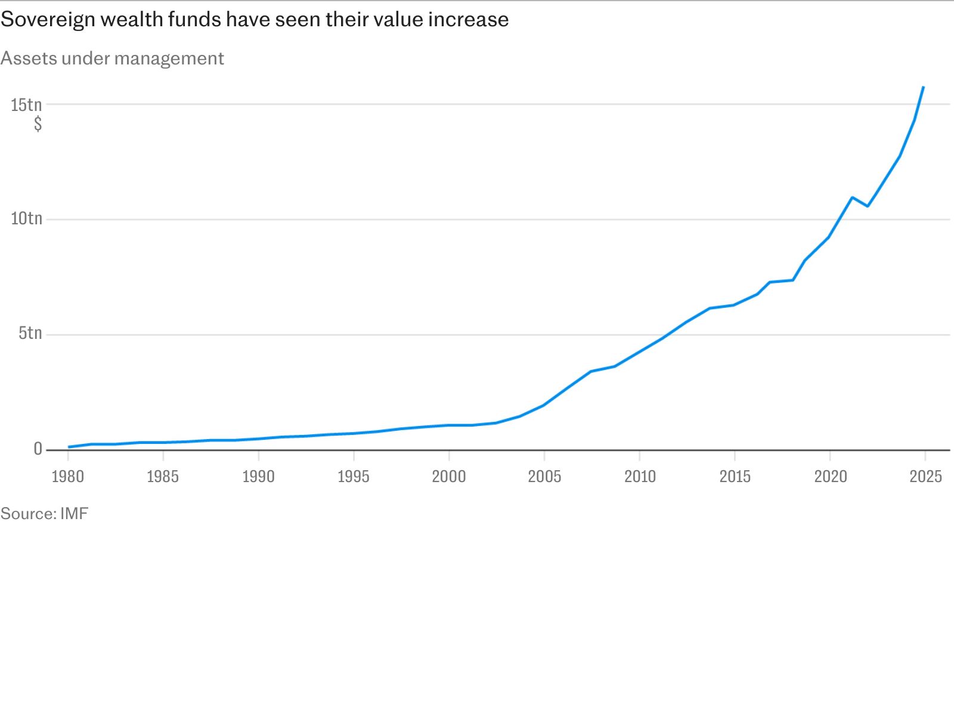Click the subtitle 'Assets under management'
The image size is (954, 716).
pos(112,58)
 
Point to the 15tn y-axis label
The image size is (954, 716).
pos(26,105)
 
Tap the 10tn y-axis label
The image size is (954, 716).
pos(26,218)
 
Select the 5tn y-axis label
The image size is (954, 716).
pos(30,333)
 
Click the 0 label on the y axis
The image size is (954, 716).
pos(38,448)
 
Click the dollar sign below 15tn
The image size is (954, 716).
pos(38,124)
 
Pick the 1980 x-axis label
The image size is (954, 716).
pos(68,477)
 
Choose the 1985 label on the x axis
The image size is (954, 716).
pos(163,477)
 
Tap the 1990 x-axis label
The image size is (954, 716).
pos(258,477)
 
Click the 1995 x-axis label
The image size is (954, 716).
pos(354,477)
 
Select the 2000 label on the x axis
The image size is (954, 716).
pos(449,477)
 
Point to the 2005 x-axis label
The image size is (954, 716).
pos(544,477)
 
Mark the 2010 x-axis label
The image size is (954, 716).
pos(640,477)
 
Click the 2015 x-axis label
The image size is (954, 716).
pos(735,477)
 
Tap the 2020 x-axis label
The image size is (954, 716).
pos(831,477)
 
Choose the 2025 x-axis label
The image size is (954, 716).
pos(926,477)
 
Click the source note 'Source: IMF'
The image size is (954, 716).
pos(44,514)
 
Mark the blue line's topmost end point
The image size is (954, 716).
pos(923,87)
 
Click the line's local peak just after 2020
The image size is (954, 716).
pos(852,198)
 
